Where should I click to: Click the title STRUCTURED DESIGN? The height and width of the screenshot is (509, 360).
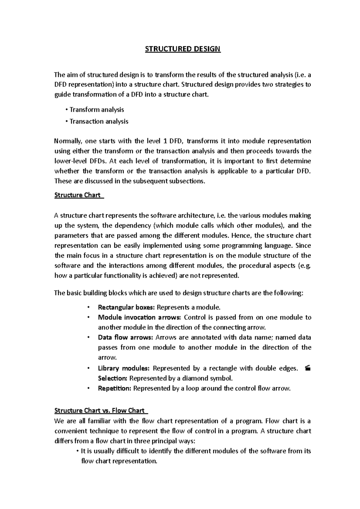pos(183,49)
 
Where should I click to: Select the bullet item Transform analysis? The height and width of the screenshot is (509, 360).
pos(96,110)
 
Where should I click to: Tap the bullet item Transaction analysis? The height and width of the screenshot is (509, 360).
pos(99,121)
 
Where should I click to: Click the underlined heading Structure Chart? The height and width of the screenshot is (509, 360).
pos(77,195)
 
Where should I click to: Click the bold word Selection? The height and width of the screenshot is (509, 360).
pos(112,378)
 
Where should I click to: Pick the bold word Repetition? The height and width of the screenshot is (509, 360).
pos(114,388)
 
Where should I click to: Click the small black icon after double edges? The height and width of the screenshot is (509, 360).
pos(307,368)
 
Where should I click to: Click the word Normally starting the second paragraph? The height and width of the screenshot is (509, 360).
pos(68,141)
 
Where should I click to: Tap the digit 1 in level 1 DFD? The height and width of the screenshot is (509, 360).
pos(165,141)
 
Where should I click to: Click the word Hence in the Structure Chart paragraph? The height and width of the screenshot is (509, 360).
pos(240,236)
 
